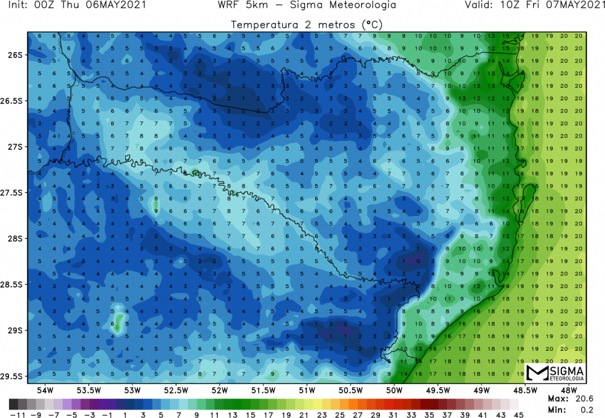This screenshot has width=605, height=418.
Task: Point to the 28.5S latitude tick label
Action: click(13, 284)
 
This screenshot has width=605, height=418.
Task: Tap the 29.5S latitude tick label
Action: click(13, 376)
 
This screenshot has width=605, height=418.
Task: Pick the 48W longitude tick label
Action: click(569, 390)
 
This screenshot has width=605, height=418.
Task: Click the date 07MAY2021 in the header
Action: click(575, 5)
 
